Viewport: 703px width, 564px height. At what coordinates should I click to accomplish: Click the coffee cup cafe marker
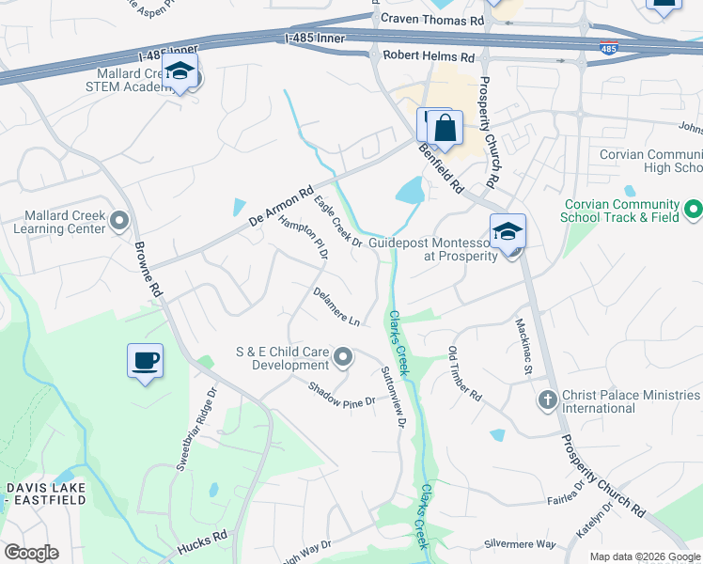point(145,361)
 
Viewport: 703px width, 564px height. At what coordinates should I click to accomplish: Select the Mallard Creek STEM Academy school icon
point(179,72)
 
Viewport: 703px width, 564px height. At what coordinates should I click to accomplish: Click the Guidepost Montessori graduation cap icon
point(508,232)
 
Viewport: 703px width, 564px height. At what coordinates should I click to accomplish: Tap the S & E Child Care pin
point(343,357)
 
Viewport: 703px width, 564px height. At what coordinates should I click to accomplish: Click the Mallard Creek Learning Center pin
point(119,221)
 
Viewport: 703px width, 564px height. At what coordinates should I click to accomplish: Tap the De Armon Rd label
point(280,208)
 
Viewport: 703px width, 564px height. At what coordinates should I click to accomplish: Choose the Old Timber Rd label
point(464,374)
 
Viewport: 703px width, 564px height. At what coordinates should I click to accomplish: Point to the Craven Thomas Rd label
point(431,19)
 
